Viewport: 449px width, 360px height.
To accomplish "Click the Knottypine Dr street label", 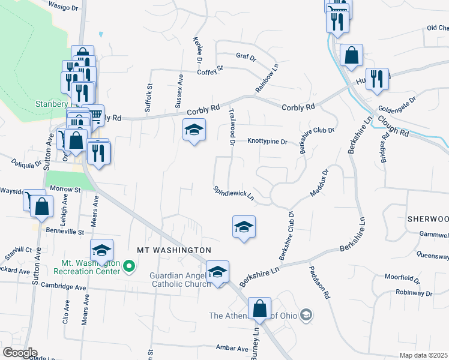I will coord(268,142).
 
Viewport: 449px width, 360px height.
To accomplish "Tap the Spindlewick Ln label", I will coord(234,193).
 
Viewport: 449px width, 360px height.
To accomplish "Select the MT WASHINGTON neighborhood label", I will coord(174,250).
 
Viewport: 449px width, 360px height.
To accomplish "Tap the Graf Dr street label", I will coord(246,58).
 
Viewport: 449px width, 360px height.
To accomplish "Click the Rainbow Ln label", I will coord(268,79).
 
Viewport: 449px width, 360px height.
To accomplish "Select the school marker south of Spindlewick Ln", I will coord(244,227).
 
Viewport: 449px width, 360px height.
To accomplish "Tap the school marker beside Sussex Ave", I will coord(194,130).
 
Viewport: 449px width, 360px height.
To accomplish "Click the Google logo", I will coord(19,352).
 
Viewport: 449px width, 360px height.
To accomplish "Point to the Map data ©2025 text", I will coord(423,355).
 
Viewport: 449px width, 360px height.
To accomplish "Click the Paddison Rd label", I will coord(320,282).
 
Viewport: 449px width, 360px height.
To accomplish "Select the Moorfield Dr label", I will coord(402,278).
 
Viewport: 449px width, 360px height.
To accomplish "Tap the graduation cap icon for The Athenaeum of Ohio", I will coord(306,315).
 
